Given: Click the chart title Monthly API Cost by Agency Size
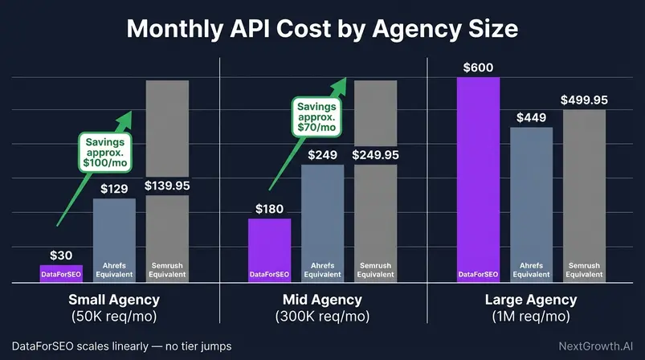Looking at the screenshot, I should coord(322,29).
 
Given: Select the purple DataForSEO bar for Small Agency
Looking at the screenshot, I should coord(61,273).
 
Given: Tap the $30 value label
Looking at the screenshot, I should coord(61,255).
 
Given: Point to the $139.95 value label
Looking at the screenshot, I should coord(167,186).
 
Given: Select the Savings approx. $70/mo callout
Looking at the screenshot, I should coord(315,117).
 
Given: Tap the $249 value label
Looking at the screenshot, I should coord(322,154).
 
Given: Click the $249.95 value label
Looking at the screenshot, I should coord(375,154).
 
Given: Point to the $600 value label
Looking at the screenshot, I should coord(478,67).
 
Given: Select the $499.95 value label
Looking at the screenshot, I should coord(584,100).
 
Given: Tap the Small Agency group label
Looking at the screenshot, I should coord(113,301).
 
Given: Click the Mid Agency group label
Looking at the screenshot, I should coord(322,301).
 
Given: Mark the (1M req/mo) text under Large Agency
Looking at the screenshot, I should coord(531,316).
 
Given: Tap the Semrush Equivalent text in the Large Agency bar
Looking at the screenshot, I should coord(584,269).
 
